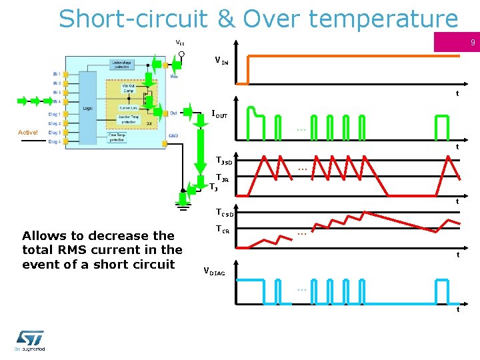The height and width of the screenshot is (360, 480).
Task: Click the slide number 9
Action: (x=471, y=43)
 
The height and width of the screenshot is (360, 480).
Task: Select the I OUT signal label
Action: (x=219, y=115)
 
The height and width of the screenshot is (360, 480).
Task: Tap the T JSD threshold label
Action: (x=223, y=161)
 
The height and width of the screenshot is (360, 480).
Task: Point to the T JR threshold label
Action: (x=223, y=178)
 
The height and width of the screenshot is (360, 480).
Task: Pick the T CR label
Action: (x=223, y=229)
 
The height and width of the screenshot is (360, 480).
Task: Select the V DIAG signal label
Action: (x=214, y=271)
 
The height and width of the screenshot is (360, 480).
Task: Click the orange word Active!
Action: (x=28, y=132)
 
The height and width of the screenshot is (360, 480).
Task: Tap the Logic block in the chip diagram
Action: (x=87, y=107)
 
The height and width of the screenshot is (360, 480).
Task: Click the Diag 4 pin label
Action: (x=55, y=141)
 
